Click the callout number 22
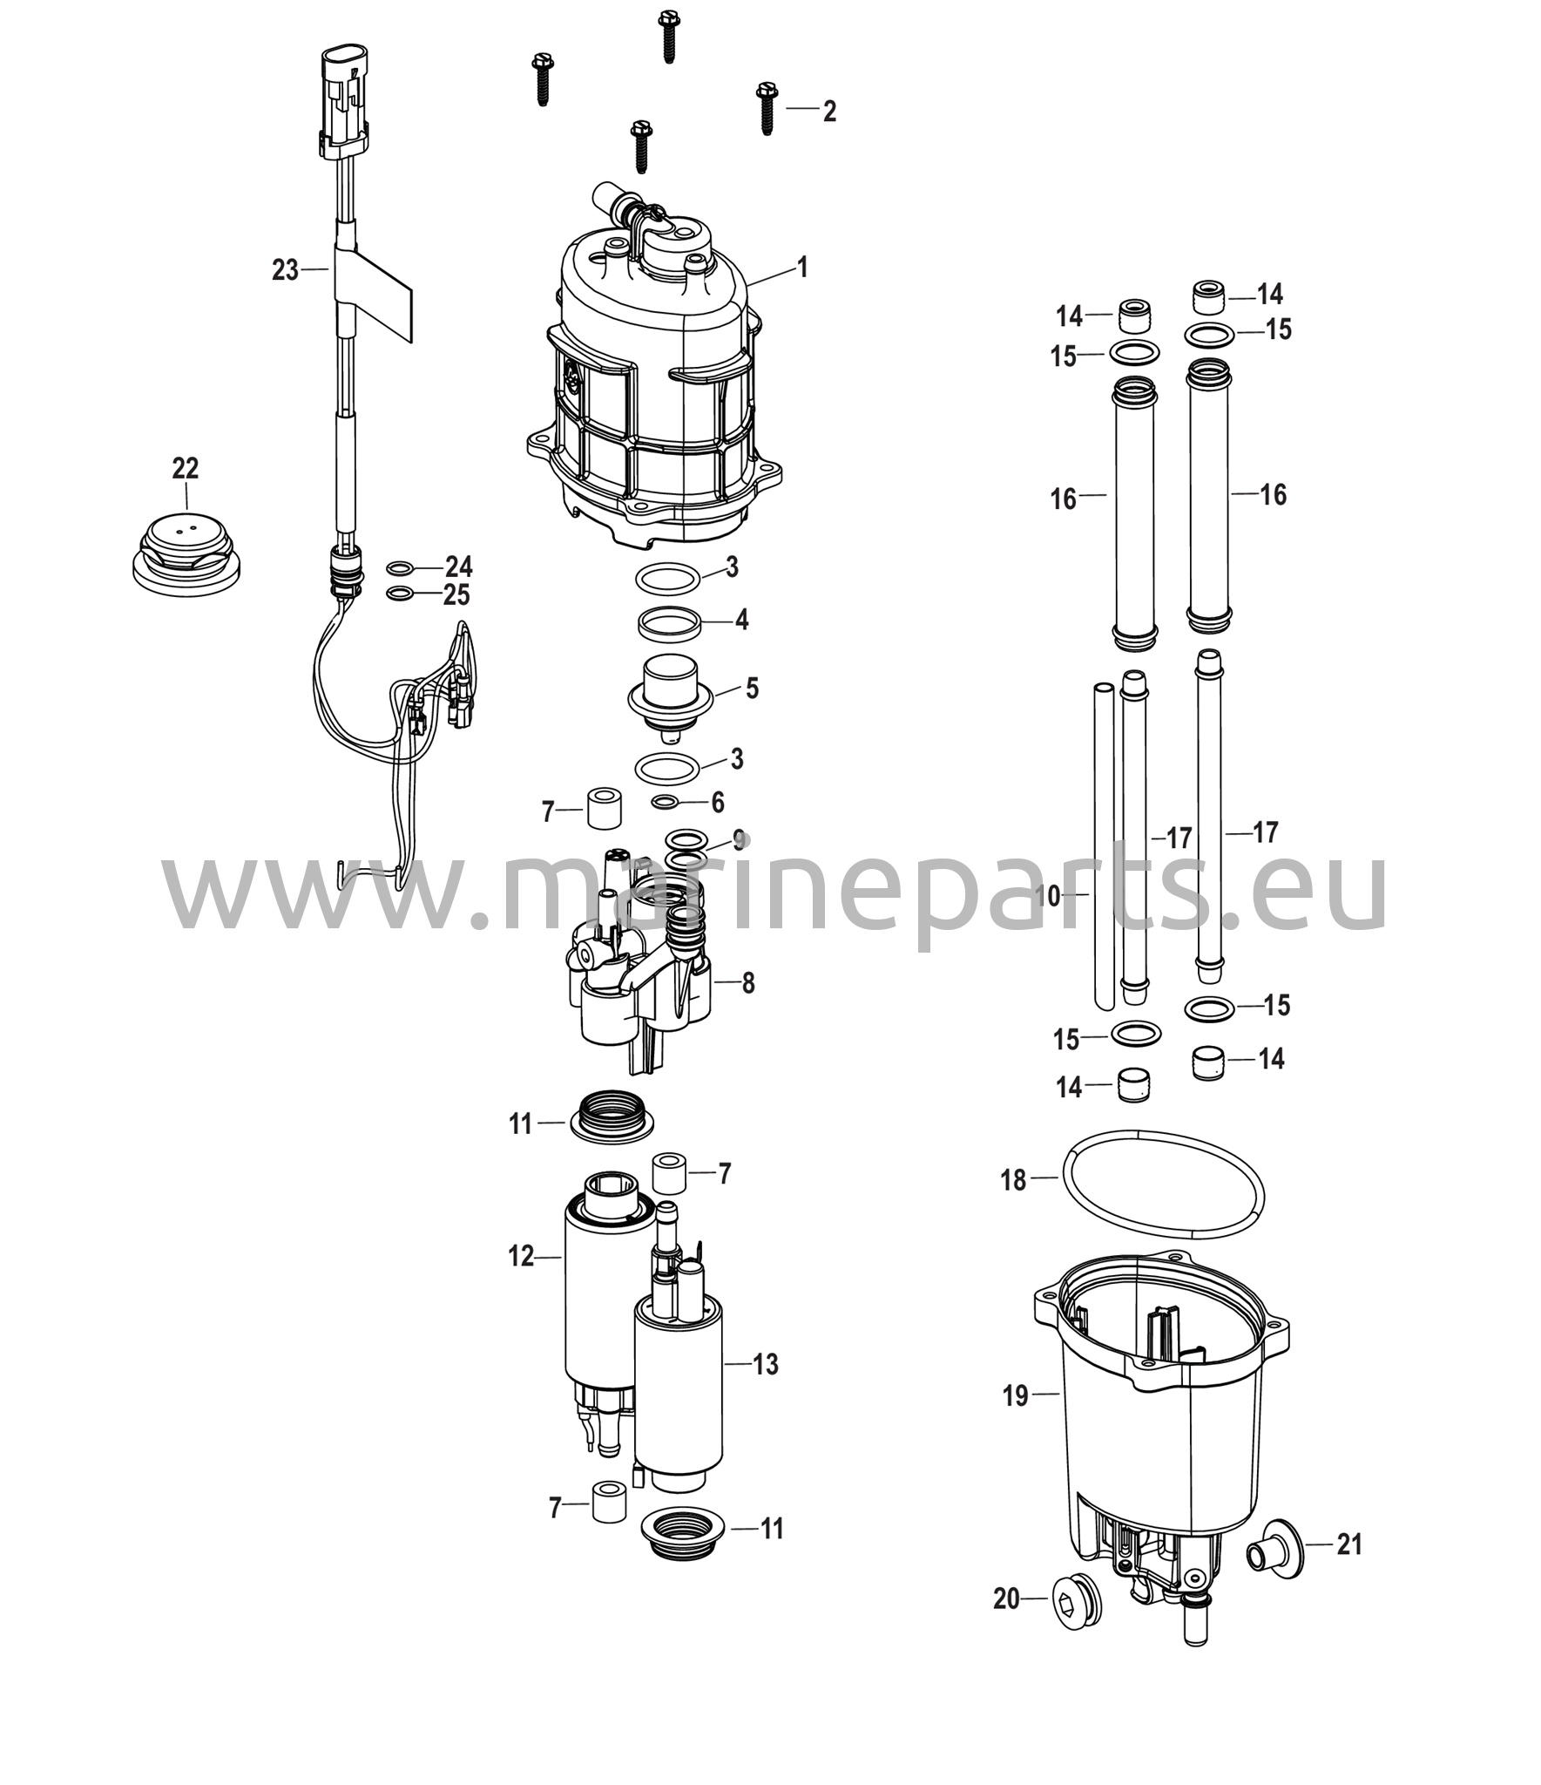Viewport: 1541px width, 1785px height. click(185, 469)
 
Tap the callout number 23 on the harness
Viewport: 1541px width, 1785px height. click(285, 270)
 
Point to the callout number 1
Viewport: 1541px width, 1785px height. click(802, 267)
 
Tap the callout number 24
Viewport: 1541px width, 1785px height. click(458, 567)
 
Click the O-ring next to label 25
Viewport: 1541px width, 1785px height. click(399, 594)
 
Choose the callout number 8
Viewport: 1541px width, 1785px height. click(747, 983)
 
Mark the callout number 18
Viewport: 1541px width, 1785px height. click(1013, 1181)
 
